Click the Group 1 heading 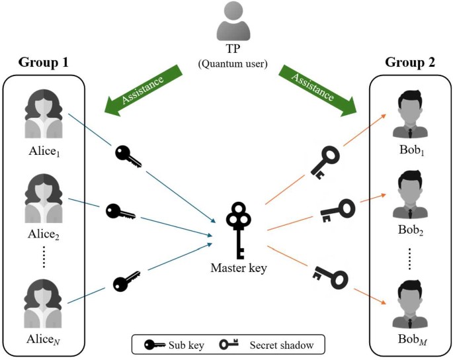pos(44,64)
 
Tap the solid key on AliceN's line pos(126,281)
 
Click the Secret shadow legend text pos(280,345)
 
